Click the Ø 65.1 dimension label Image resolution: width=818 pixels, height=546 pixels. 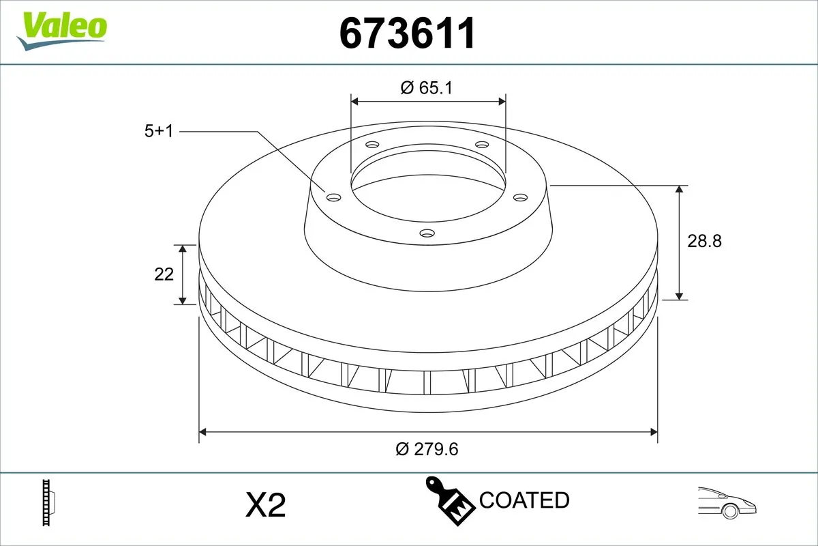point(427,87)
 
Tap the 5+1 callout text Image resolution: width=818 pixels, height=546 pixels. point(159,131)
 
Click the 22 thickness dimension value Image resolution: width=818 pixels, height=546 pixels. point(164,274)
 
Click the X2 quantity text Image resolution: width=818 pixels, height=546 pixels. point(264,505)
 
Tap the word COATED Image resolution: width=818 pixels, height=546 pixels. point(524,500)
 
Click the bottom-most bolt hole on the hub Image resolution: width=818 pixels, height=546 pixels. point(427,233)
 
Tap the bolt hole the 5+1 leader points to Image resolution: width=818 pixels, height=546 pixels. point(333,197)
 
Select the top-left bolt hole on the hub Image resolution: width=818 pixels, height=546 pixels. point(372,145)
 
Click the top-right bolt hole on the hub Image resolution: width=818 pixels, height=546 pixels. point(482,145)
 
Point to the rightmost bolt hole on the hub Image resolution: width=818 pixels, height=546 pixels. point(521,197)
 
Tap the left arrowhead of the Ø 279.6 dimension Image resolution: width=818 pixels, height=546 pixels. point(202,432)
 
